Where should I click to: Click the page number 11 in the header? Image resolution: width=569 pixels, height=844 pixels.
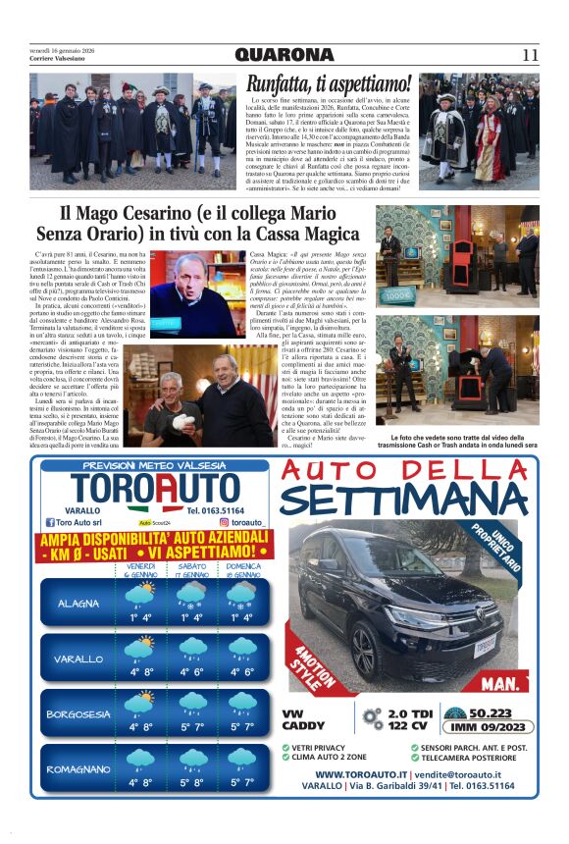click(530, 55)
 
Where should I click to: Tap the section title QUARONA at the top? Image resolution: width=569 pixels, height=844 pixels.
click(284, 55)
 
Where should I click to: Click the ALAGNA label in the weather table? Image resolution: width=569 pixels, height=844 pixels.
click(78, 604)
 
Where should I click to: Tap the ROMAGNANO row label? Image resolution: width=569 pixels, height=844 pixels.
click(78, 770)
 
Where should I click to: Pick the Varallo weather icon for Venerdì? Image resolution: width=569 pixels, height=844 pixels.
click(140, 650)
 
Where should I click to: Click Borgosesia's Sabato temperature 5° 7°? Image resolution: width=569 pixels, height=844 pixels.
click(192, 727)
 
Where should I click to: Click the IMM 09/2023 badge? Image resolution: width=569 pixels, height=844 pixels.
click(476, 727)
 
